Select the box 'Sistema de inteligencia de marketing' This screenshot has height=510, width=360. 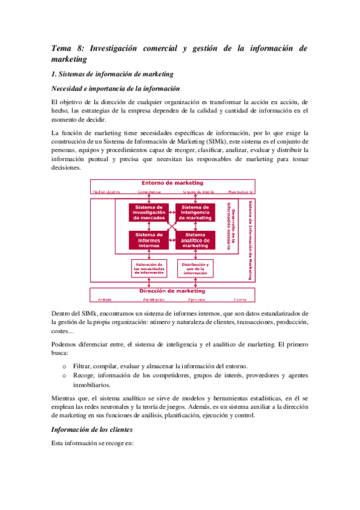[195, 212]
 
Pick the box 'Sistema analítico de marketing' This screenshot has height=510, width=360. [195, 240]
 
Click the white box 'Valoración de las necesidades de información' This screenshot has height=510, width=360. [149, 268]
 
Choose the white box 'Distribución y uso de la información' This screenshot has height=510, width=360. [195, 268]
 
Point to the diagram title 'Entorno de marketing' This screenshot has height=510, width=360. [172, 183]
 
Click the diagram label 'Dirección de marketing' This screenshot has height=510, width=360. [172, 291]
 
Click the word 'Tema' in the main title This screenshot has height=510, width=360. [61, 48]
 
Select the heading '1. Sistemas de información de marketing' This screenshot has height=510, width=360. [113, 74]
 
